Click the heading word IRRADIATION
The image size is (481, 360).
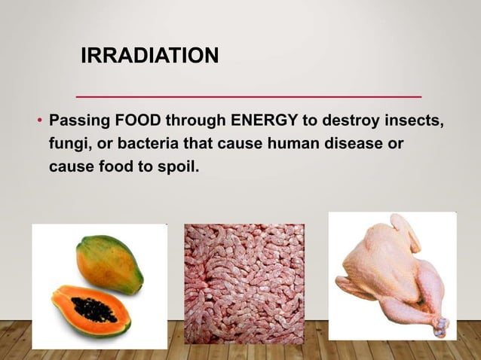pyautogui.click(x=151, y=56)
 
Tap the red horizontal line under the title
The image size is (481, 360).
pyautogui.click(x=250, y=97)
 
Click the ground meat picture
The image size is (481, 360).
pyautogui.click(x=244, y=282)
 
